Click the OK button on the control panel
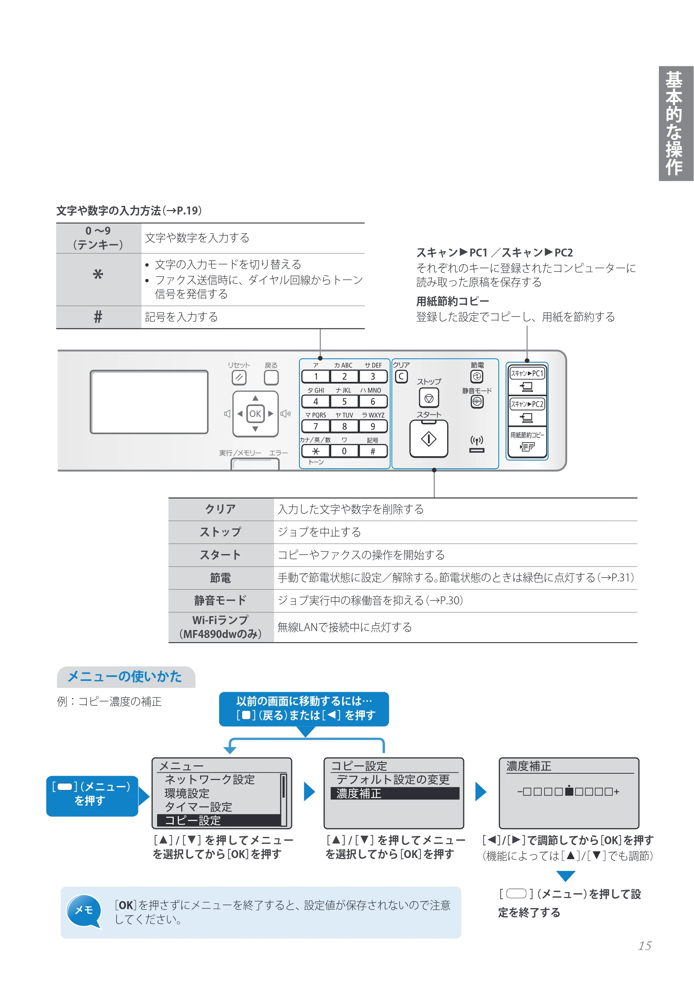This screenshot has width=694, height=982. (255, 413)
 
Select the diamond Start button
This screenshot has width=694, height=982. (429, 439)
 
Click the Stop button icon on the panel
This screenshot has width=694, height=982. (429, 398)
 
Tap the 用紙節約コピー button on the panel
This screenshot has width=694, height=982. (527, 442)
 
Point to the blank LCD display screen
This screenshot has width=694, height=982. (149, 402)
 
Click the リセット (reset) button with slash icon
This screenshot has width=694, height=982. (239, 378)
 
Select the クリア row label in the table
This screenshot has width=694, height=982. (221, 509)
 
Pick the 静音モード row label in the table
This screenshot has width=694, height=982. (221, 601)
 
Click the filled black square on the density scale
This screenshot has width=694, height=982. (569, 791)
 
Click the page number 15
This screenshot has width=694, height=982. (644, 946)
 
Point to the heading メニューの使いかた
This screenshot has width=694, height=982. (125, 677)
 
